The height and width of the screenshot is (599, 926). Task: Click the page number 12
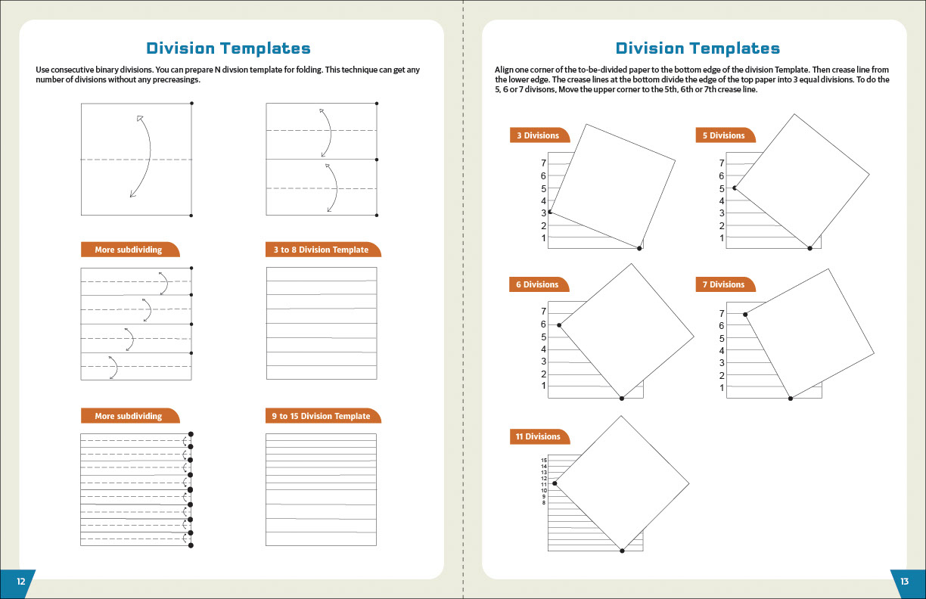(x=20, y=582)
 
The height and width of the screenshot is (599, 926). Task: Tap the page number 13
(x=904, y=582)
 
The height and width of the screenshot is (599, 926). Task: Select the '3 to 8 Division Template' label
(x=321, y=250)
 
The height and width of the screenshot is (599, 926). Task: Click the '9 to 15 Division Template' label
(x=321, y=416)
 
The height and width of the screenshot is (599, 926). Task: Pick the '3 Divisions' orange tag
(x=538, y=135)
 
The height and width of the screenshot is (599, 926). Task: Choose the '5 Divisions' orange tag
(x=723, y=135)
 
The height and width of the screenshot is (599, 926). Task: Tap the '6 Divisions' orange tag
(x=537, y=284)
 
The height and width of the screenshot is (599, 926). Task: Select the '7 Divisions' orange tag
(x=723, y=284)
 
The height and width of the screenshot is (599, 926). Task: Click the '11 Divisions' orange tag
(x=538, y=436)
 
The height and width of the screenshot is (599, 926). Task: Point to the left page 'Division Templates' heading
(x=228, y=49)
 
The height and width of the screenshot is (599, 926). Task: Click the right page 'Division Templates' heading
(x=698, y=49)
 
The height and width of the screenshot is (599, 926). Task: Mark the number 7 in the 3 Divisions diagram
(x=543, y=163)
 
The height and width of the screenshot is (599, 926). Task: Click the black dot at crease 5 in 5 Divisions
(x=734, y=188)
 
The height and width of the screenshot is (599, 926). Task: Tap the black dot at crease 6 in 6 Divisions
(x=559, y=325)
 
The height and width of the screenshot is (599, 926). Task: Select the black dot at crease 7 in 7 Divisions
(x=745, y=315)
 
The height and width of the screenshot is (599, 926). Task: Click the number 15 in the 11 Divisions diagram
(x=543, y=461)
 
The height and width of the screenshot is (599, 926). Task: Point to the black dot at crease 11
(x=555, y=483)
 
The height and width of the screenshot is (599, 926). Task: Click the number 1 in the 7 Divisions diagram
(x=722, y=388)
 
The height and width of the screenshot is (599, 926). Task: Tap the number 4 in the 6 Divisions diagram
(x=543, y=349)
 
